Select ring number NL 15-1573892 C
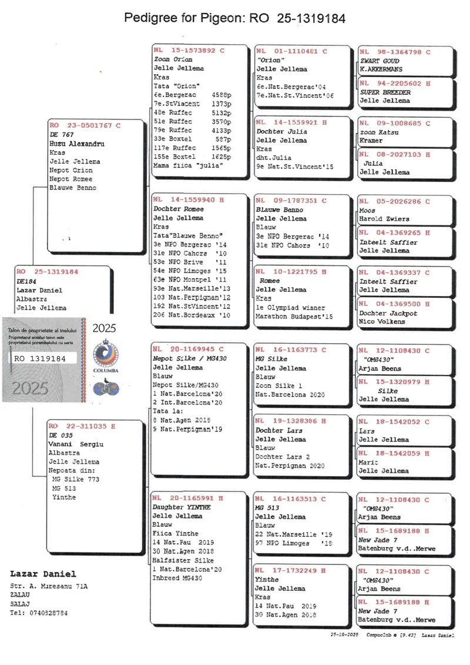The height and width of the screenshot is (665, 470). [x=189, y=51]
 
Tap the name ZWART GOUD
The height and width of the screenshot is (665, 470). [x=379, y=61]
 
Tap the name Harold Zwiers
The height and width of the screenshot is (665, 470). [x=382, y=219]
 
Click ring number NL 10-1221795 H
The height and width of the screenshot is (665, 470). [x=291, y=272]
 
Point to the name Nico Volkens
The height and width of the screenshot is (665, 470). [x=382, y=321]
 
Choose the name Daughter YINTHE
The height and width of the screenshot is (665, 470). [x=177, y=507]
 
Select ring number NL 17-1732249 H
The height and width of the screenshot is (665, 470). [x=291, y=570]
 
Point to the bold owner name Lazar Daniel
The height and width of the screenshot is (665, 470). [x=43, y=574]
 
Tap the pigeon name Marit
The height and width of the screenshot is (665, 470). [x=368, y=462]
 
